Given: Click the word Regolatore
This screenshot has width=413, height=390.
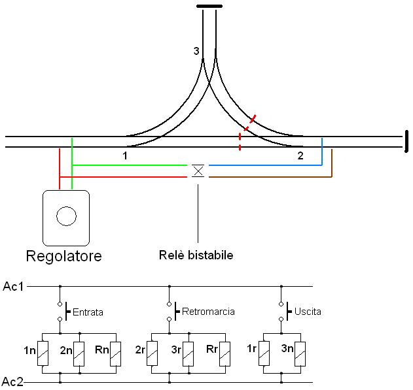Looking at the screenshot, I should click(63, 255).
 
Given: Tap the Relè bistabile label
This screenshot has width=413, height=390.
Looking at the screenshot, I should click(196, 255).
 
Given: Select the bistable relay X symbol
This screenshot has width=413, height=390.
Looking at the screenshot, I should click(198, 171).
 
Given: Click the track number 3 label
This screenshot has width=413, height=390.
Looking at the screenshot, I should click(196, 51).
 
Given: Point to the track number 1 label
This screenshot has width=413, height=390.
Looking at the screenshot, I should click(124, 156).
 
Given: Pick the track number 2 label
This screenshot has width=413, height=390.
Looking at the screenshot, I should click(300, 156).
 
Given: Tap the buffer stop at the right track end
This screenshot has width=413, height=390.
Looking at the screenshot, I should click(406, 141).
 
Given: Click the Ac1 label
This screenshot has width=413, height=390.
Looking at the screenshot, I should click(13, 286).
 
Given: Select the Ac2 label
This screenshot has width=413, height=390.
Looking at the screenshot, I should click(13, 382).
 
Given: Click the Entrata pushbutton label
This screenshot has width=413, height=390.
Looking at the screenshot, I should click(88, 312).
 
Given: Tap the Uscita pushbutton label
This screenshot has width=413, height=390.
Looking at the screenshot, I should click(308, 312).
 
